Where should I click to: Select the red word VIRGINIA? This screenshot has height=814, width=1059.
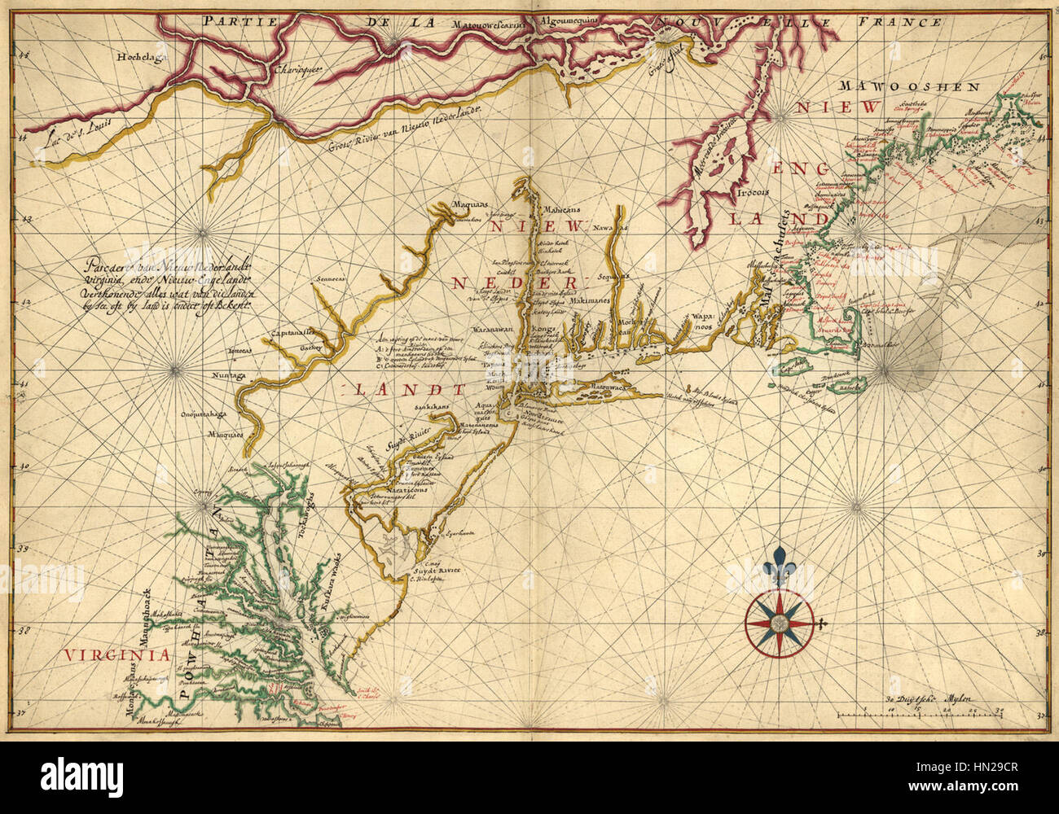[119, 654]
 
